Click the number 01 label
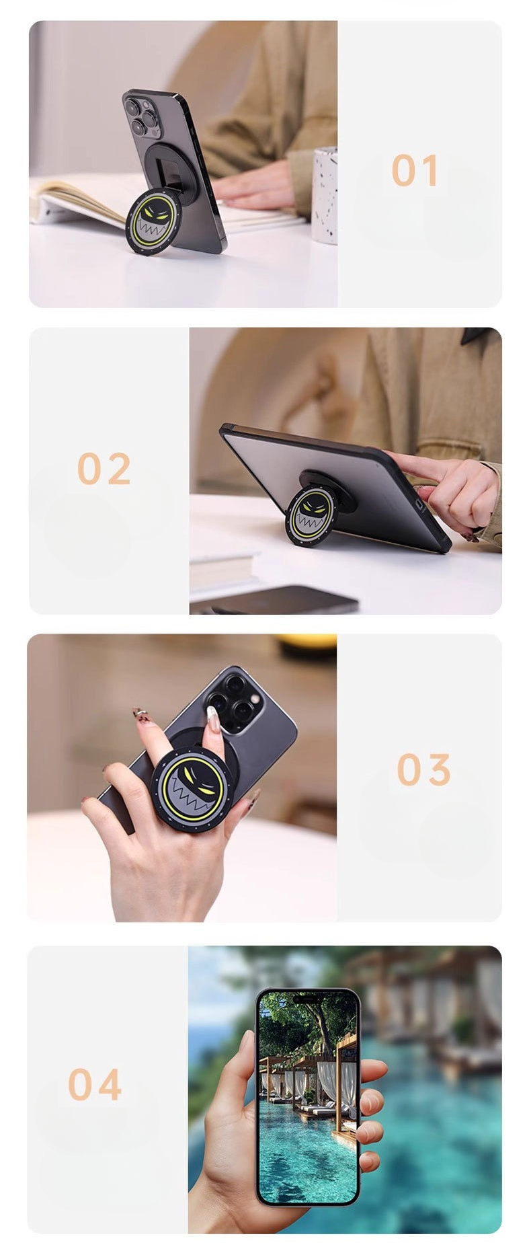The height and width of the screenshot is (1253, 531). pos(415,170)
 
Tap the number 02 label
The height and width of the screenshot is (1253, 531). pos(104,468)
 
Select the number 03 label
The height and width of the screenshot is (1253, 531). pos(423,769)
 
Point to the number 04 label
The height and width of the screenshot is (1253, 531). pos(95,1084)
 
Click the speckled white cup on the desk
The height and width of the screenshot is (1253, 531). pos(325,195)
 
